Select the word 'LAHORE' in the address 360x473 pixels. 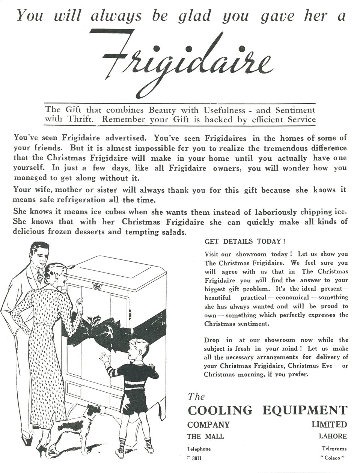pyautogui.click(x=333, y=436)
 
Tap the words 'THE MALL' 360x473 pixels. pyautogui.click(x=205, y=436)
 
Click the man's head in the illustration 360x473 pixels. pyautogui.click(x=40, y=255)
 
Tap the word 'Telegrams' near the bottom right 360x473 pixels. pyautogui.click(x=334, y=449)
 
